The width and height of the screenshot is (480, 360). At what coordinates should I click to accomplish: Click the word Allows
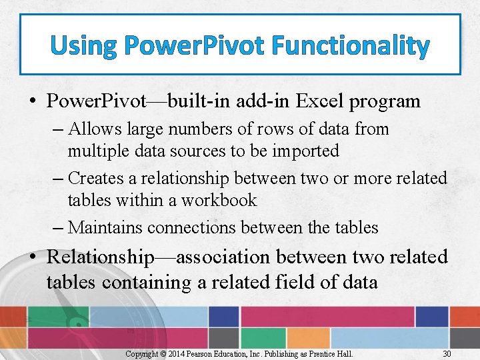click(x=94, y=129)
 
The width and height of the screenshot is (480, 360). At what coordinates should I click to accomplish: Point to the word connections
click(x=191, y=227)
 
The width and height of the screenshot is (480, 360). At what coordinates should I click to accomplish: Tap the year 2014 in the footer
click(x=176, y=353)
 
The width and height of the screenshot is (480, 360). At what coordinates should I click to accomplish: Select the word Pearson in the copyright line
click(x=202, y=353)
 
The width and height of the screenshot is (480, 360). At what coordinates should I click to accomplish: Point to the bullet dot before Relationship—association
click(x=32, y=257)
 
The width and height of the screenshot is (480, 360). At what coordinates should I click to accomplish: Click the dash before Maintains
click(x=58, y=227)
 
